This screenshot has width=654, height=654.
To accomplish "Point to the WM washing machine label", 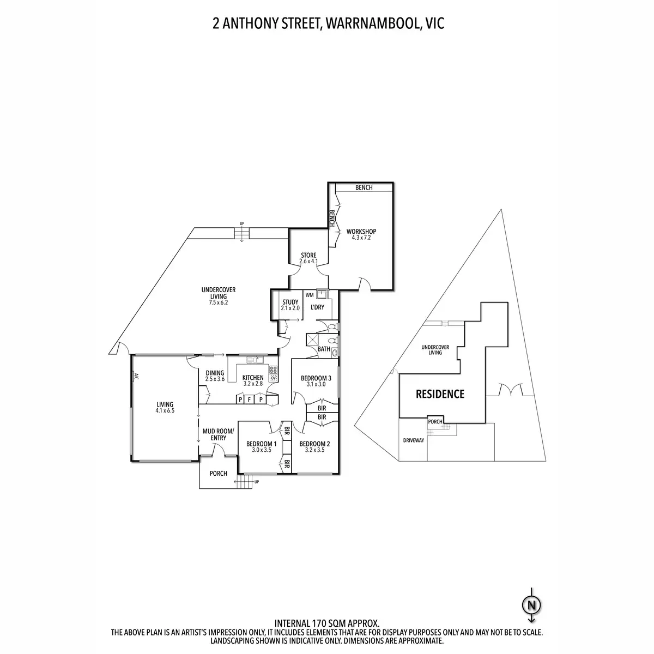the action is pyautogui.click(x=310, y=295).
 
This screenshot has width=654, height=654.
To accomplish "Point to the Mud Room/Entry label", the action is pyautogui.click(x=218, y=434).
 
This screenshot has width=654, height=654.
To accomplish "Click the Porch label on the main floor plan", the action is pyautogui.click(x=219, y=474).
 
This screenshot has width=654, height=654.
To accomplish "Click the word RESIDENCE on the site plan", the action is pyautogui.click(x=440, y=393).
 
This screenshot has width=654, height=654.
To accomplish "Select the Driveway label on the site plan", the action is pyautogui.click(x=413, y=440).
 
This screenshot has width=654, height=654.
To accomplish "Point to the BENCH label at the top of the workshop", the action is pyautogui.click(x=364, y=188).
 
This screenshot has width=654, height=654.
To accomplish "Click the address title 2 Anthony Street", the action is pyautogui.click(x=327, y=24).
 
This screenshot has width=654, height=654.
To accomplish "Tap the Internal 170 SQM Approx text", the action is pyautogui.click(x=326, y=622).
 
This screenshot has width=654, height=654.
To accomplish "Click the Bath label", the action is pyautogui.click(x=324, y=349).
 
